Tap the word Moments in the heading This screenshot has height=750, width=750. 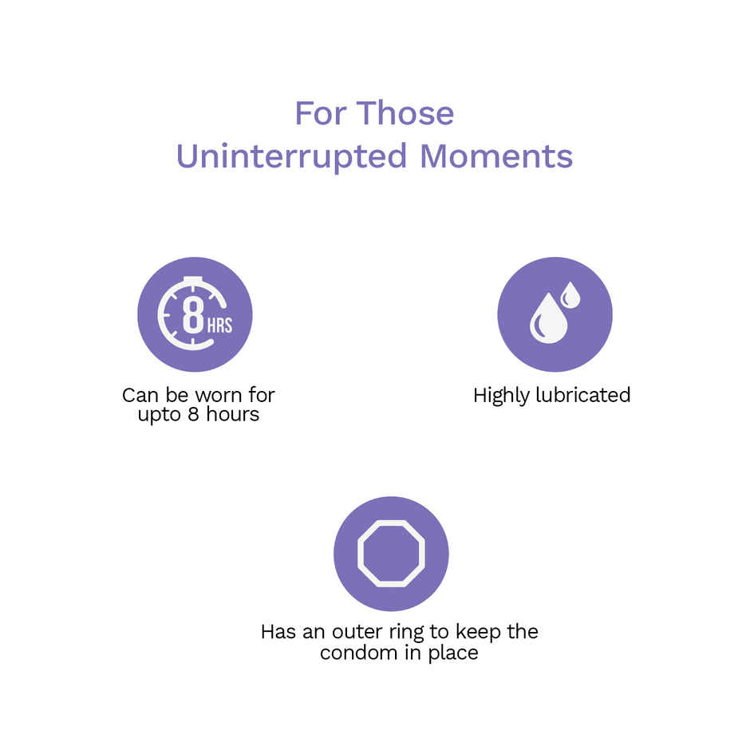(496, 156)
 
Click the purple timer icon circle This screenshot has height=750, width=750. (195, 314)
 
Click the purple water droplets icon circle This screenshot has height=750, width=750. (555, 314)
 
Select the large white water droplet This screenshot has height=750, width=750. (547, 320)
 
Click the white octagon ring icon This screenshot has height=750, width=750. (391, 553)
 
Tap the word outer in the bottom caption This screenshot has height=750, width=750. (357, 632)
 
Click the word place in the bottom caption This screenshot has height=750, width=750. (454, 653)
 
